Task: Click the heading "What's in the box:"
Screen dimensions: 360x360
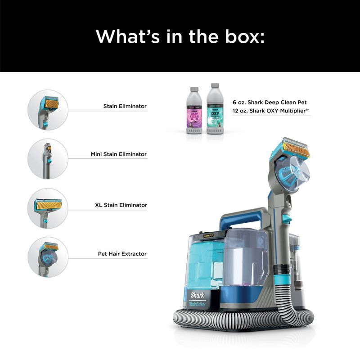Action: (180, 36)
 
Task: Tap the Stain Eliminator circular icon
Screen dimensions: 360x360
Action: (48, 110)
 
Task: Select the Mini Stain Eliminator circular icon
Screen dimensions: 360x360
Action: (48, 158)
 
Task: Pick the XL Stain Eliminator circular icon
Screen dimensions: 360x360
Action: (48, 208)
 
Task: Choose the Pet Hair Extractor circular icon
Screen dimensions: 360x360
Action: (48, 257)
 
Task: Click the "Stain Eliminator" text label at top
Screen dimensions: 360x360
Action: (125, 107)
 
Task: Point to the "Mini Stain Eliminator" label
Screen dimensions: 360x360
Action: (119, 154)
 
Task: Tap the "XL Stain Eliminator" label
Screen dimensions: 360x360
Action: (121, 205)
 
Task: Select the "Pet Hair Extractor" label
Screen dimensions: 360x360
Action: (122, 254)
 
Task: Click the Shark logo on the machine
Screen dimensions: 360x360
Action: (197, 296)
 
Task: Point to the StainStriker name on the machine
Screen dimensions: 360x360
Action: (198, 305)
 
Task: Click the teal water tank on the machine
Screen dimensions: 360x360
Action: (205, 265)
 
